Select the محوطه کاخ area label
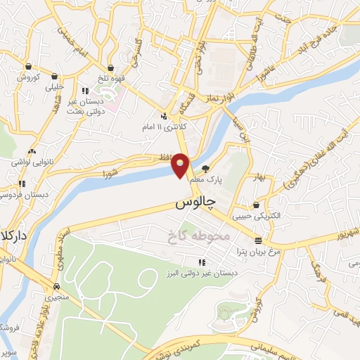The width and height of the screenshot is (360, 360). (x=200, y=236)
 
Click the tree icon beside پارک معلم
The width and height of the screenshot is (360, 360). (x=205, y=169)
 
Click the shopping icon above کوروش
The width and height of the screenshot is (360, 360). (x=29, y=67)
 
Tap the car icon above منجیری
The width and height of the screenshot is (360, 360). (x=55, y=286)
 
